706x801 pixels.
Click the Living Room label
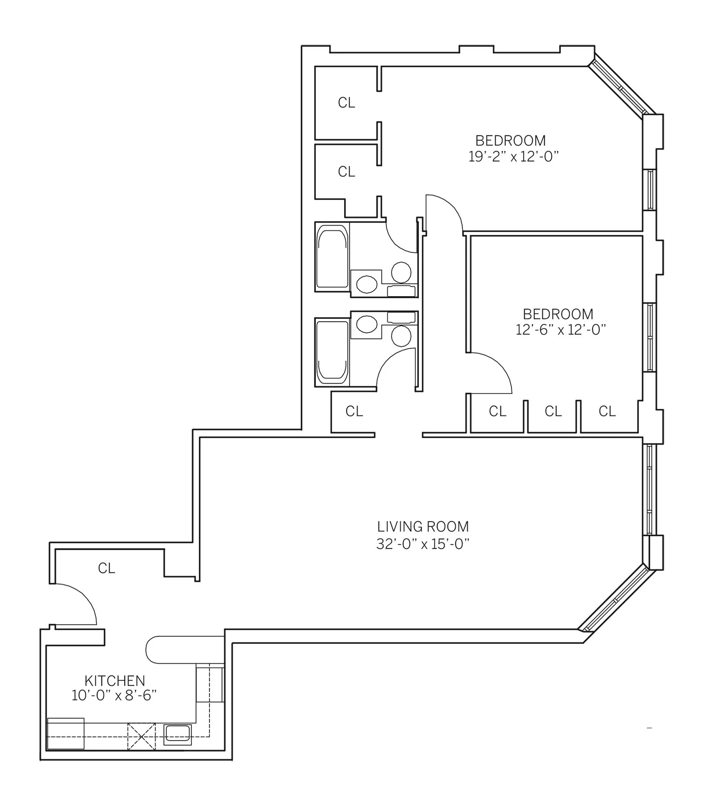click(x=423, y=526)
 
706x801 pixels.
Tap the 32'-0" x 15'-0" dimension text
click(x=423, y=544)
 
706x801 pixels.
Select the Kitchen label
click(x=115, y=681)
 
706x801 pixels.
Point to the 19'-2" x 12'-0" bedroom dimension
click(x=513, y=156)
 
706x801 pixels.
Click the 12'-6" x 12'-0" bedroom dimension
click(x=560, y=330)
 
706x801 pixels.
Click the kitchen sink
click(x=178, y=734)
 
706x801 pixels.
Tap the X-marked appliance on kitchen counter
click(x=141, y=737)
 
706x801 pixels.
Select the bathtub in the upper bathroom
click(x=332, y=257)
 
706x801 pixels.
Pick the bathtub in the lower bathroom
click(x=332, y=352)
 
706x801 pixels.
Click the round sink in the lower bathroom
click(x=367, y=324)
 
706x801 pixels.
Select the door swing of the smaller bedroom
click(x=497, y=367)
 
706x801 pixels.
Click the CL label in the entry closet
click(x=106, y=568)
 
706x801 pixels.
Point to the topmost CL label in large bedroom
click(x=346, y=103)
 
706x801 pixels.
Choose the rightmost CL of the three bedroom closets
click(x=607, y=411)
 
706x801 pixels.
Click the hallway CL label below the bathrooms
click(x=354, y=411)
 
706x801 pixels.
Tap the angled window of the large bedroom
click(x=620, y=89)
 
